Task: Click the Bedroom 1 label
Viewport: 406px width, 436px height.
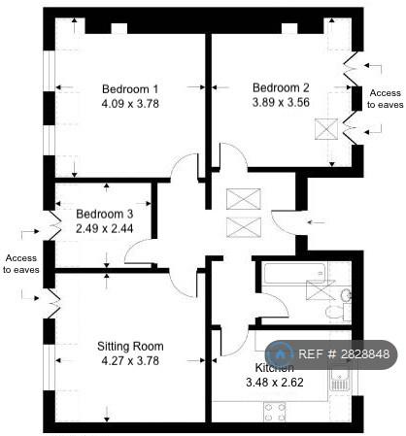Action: tap(130, 89)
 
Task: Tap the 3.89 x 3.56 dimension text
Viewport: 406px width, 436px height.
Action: tap(281, 103)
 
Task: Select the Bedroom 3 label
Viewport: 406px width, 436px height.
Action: tap(104, 215)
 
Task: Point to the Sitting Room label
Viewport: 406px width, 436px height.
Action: tap(130, 347)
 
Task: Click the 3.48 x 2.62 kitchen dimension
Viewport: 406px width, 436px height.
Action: tap(275, 383)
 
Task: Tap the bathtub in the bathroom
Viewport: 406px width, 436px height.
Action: tap(294, 273)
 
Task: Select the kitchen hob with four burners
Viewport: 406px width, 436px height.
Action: tap(275, 412)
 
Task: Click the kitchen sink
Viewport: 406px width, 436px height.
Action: tap(340, 381)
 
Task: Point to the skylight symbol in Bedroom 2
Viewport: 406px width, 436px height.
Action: tap(326, 129)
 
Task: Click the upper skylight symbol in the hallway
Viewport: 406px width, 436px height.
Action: tap(244, 199)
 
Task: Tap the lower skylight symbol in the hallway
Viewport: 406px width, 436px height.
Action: tap(244, 227)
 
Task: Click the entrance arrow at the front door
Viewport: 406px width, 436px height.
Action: tap(316, 222)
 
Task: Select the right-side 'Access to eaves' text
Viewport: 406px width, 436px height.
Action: tap(385, 99)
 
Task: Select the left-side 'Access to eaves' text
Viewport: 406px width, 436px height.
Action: tap(21, 264)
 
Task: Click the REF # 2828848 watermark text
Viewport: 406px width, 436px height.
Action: tap(343, 354)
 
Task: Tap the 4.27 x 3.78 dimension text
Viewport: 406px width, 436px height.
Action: tap(130, 361)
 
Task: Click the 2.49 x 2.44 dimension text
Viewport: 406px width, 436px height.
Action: tap(104, 229)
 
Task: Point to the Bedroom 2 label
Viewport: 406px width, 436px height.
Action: tap(281, 87)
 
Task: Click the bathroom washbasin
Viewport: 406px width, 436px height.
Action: tap(346, 295)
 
